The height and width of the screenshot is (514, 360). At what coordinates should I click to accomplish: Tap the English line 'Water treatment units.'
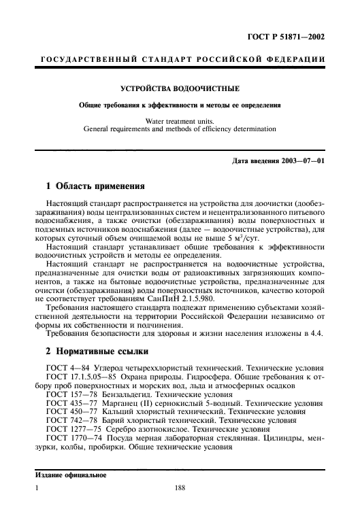pos(180,120)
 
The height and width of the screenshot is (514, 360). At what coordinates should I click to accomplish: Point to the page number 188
pos(180,505)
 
